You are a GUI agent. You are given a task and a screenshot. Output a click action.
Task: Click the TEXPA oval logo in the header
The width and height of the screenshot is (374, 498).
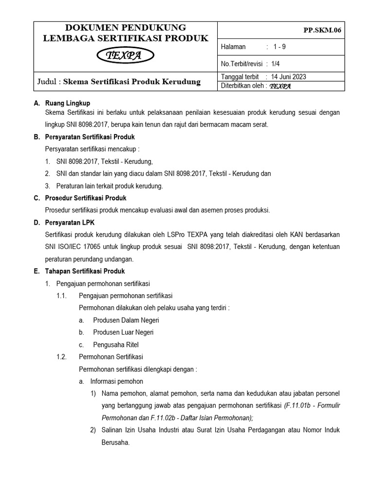(x=124, y=57)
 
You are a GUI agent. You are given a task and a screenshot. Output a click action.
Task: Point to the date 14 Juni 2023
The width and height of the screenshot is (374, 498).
(x=289, y=77)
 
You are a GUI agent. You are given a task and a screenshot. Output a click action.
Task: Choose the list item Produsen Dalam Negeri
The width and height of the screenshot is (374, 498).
(x=126, y=320)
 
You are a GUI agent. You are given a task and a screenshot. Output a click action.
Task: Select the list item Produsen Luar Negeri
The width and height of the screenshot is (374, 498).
(x=123, y=332)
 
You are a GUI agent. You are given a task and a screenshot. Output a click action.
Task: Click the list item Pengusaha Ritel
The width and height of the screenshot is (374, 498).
(x=115, y=345)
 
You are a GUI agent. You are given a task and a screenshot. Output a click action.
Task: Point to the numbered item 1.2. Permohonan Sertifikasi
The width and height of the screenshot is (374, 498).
(x=111, y=357)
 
